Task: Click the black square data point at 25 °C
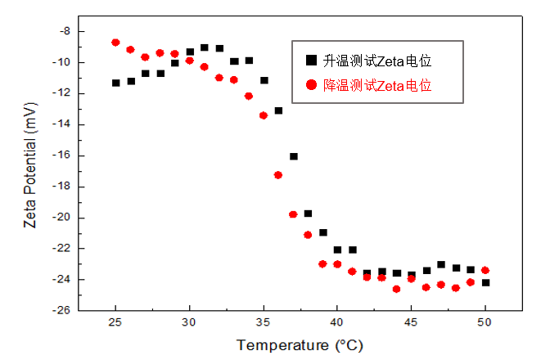click(x=116, y=83)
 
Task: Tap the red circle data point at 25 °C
click(x=115, y=43)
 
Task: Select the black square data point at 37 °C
click(x=293, y=156)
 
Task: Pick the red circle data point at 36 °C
click(x=278, y=175)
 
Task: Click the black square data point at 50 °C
click(x=485, y=282)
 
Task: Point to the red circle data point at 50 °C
click(x=485, y=270)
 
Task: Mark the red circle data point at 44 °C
click(x=397, y=289)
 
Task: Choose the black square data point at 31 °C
click(x=205, y=47)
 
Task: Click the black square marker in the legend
click(x=310, y=60)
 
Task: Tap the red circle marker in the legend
click(x=310, y=83)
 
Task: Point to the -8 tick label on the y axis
click(x=65, y=31)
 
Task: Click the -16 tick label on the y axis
click(x=63, y=155)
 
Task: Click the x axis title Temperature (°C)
click(x=300, y=345)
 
